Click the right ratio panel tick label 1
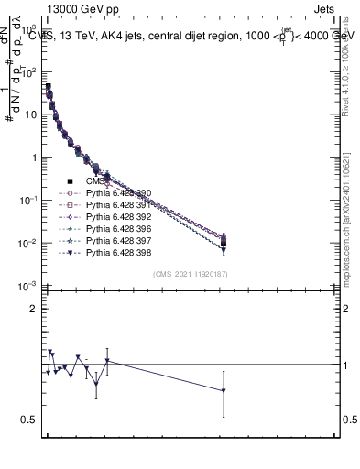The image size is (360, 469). pos(343,365)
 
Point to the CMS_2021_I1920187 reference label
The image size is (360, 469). pos(189,274)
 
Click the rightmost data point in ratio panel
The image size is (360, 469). pos(224,390)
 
